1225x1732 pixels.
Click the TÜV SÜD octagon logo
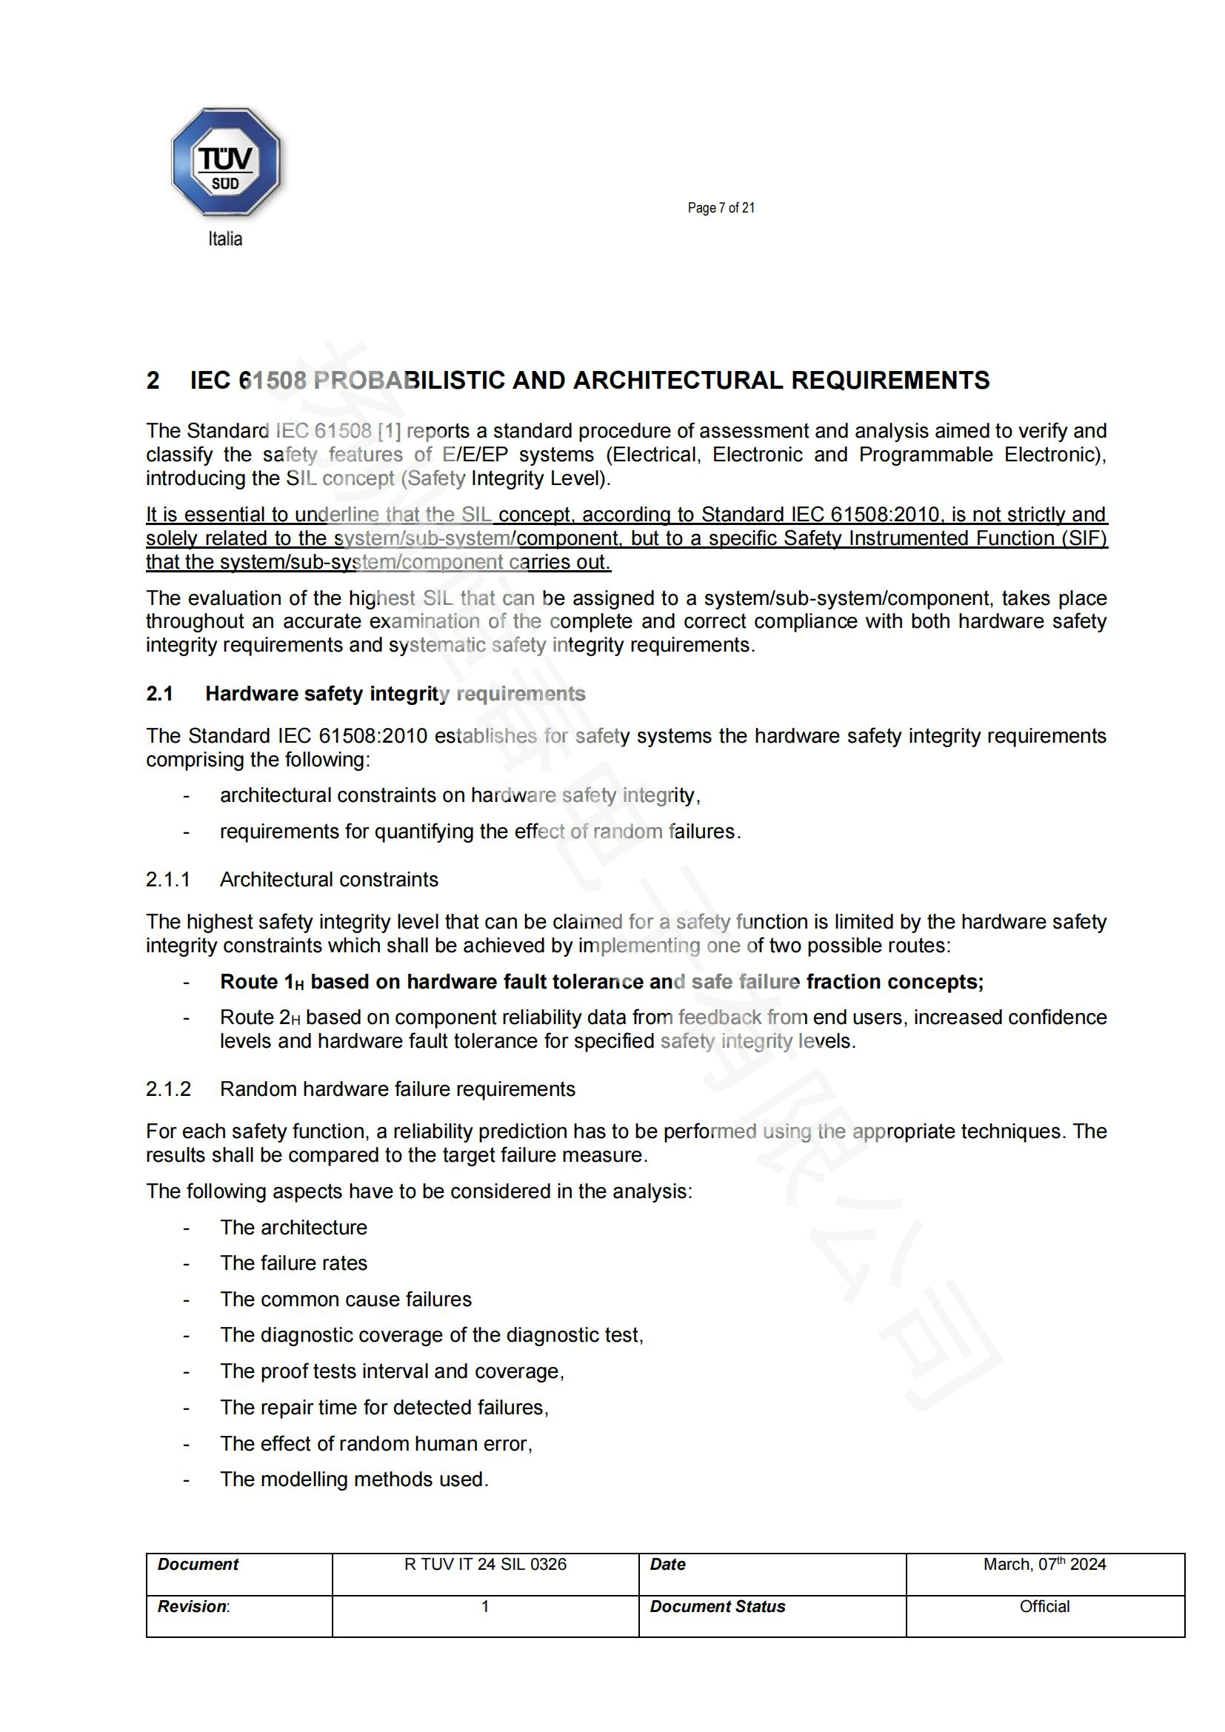tap(226, 162)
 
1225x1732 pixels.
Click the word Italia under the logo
tap(225, 239)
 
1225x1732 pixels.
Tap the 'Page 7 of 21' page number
tap(721, 208)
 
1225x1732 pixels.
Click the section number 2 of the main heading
tap(153, 380)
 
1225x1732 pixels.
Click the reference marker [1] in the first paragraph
tap(390, 431)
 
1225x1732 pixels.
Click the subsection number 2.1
tap(159, 694)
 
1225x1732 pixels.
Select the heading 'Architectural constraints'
tap(329, 880)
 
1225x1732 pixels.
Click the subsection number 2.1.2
tap(168, 1089)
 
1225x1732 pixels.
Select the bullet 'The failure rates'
tap(293, 1263)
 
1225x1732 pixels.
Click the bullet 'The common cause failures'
tap(345, 1299)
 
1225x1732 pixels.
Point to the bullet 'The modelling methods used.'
tap(354, 1479)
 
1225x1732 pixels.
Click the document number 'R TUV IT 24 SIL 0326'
tap(485, 1565)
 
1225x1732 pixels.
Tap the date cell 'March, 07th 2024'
tap(1044, 1565)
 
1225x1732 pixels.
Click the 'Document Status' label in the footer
tap(717, 1607)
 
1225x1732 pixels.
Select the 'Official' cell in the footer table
tap(1044, 1607)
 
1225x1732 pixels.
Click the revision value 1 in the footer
tap(485, 1607)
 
